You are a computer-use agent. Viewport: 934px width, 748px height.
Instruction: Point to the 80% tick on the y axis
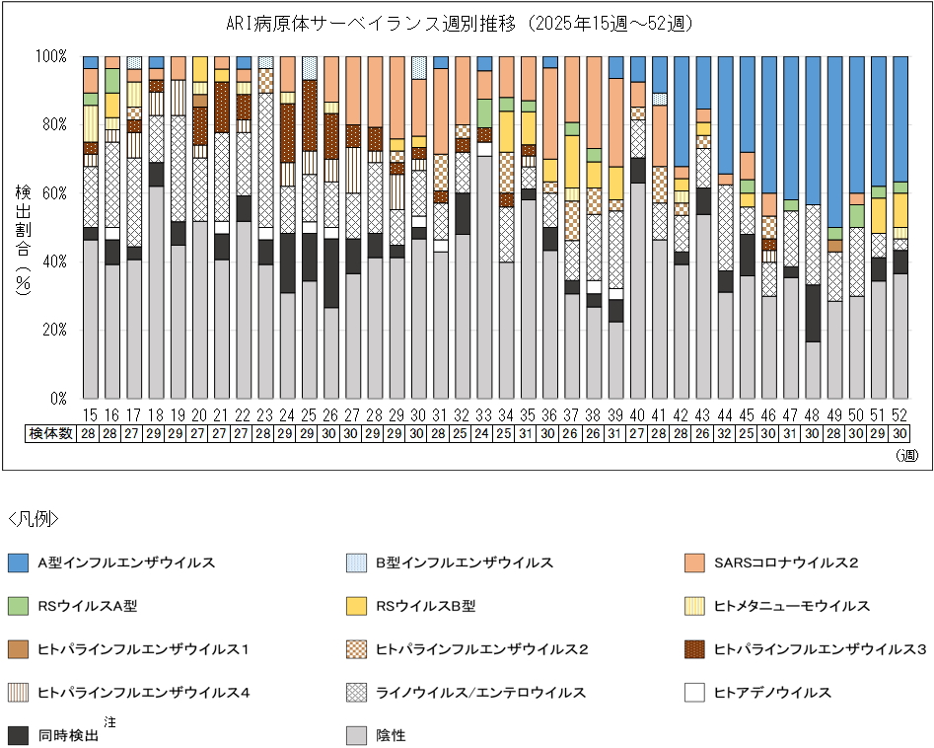[x=54, y=124]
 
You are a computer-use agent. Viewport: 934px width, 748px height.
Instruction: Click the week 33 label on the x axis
[x=483, y=416]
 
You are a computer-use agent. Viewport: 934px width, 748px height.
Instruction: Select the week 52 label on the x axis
[x=899, y=416]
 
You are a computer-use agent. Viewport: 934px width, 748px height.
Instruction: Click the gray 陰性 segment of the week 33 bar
[x=483, y=276]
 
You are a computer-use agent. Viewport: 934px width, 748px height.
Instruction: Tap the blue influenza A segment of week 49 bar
[x=834, y=138]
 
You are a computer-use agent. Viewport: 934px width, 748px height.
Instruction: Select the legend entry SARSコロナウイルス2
[x=785, y=563]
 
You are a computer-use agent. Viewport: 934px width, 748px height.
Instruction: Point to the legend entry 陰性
[x=391, y=735]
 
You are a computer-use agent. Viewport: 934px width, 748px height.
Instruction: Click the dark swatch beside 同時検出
[x=18, y=735]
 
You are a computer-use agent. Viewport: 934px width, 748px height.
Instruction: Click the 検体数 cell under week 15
[x=90, y=434]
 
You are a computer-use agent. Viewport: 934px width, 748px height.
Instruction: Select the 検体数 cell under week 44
[x=725, y=434]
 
